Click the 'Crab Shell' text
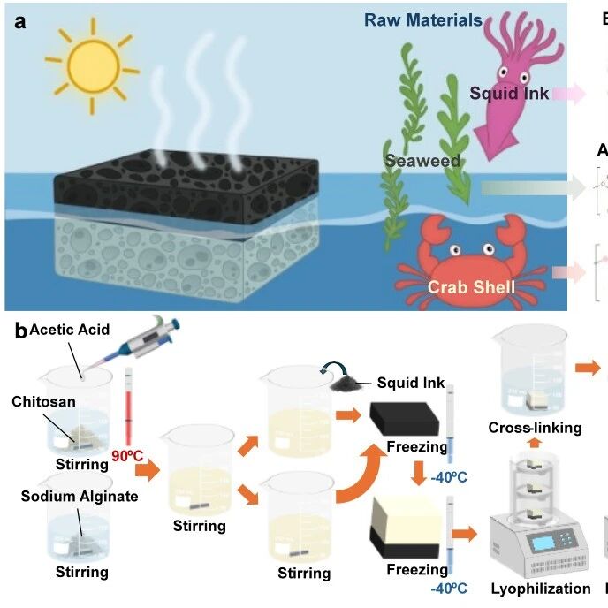pyautogui.click(x=471, y=287)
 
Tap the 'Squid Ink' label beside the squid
pyautogui.click(x=509, y=94)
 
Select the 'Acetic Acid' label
pyautogui.click(x=70, y=331)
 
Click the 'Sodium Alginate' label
pyautogui.click(x=80, y=496)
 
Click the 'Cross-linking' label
pyautogui.click(x=535, y=428)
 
